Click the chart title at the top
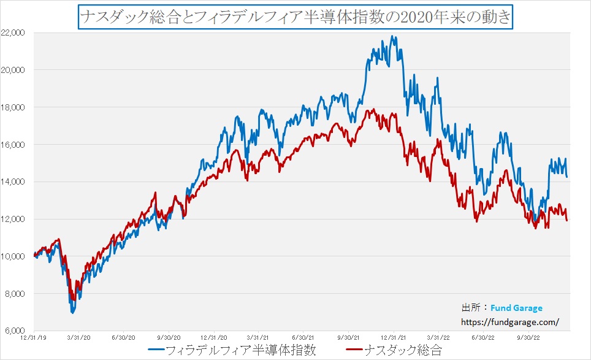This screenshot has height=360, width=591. [295, 16]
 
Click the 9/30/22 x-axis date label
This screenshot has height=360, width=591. [528, 337]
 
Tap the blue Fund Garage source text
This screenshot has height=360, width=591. [516, 308]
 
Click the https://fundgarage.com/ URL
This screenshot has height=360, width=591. [510, 321]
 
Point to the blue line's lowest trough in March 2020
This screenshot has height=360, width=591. [72, 313]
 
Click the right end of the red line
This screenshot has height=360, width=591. [566, 220]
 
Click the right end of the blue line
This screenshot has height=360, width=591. [566, 177]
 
